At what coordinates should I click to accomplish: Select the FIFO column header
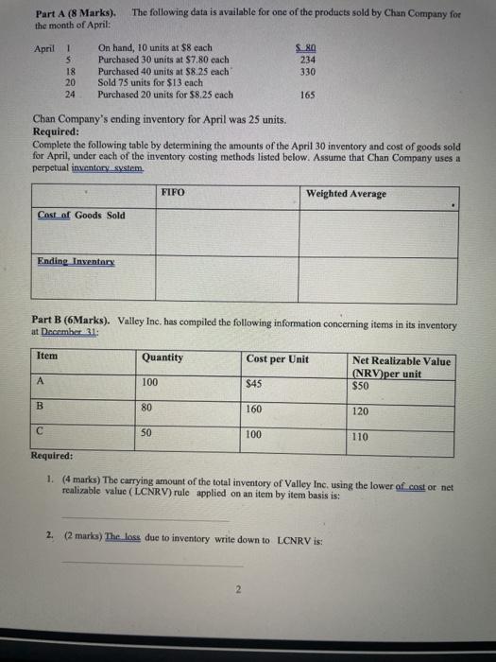[x=172, y=193]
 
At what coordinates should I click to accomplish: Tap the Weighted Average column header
[x=345, y=194]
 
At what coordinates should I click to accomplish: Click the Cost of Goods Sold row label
[x=80, y=216]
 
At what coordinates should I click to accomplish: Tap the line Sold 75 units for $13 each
[x=152, y=83]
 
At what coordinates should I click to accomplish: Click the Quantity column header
[x=162, y=357]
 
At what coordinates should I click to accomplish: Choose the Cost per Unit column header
[x=277, y=358]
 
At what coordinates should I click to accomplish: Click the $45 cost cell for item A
[x=253, y=384]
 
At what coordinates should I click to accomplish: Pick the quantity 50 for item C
[x=147, y=432]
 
